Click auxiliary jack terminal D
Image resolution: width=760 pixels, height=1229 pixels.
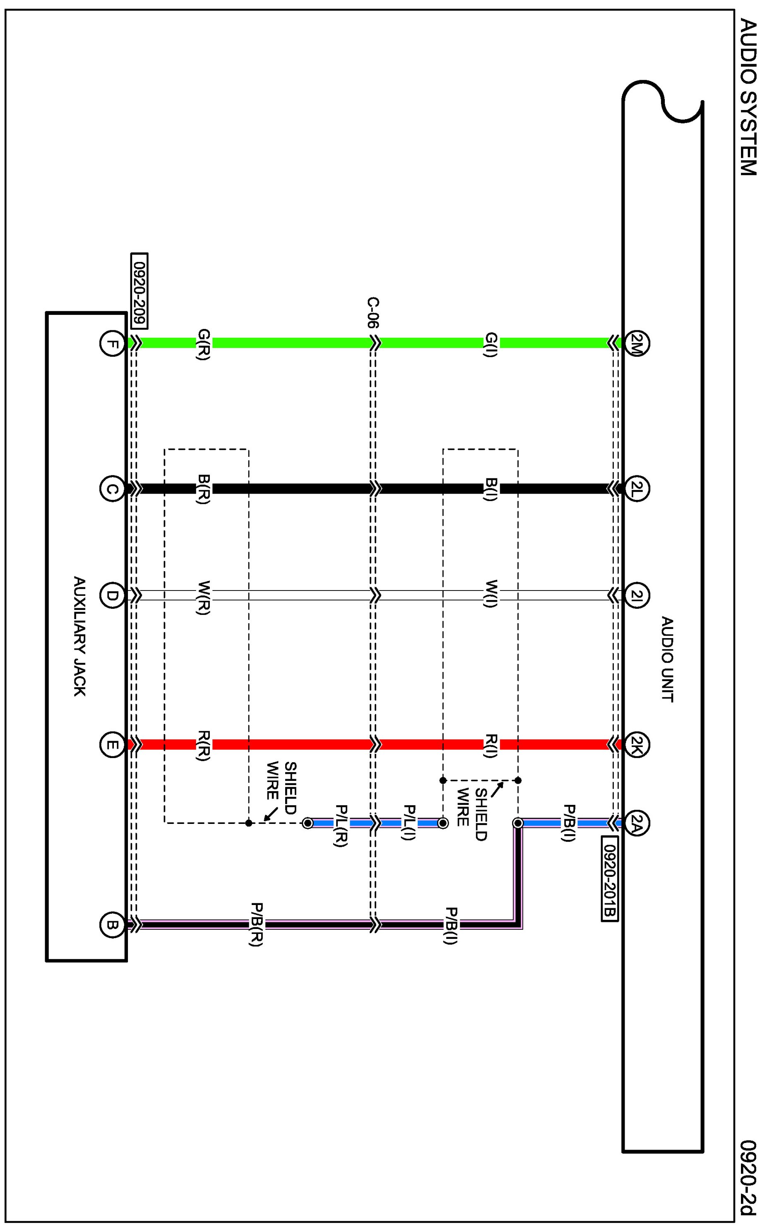point(112,595)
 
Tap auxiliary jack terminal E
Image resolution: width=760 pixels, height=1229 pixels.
point(112,744)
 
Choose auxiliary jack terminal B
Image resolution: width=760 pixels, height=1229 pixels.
point(112,924)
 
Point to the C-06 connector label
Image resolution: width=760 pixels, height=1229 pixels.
point(373,312)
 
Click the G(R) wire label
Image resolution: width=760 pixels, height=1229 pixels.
point(204,344)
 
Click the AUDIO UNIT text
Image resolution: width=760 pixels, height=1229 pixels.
point(667,659)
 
